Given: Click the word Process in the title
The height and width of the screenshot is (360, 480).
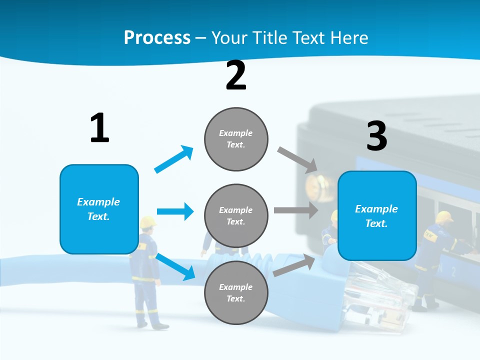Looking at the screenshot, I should [157, 37].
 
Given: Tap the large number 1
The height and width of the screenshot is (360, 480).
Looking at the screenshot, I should [99, 128].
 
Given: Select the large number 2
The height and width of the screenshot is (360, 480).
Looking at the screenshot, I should [236, 75].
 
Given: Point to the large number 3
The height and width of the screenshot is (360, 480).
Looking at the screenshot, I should [377, 136].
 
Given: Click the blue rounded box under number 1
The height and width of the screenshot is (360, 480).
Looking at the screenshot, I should [99, 209].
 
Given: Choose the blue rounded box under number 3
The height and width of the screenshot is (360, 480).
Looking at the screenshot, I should [377, 216].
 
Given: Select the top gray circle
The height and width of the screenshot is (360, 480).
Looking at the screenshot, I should [236, 139].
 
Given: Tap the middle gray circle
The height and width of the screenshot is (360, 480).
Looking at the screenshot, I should [236, 215].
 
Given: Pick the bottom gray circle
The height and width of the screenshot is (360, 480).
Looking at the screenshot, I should [236, 292].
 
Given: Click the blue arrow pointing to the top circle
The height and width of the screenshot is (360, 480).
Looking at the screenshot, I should [174, 159].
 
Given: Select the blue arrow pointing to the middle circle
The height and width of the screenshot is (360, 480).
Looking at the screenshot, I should [175, 211].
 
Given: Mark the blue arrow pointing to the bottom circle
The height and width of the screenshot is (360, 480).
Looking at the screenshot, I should [175, 266].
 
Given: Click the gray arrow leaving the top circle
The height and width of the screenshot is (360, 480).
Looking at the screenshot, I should [298, 160].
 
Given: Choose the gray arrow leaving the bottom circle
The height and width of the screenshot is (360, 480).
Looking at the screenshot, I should [294, 265].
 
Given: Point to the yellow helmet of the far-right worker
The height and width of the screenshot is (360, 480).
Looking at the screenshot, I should [443, 217].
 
